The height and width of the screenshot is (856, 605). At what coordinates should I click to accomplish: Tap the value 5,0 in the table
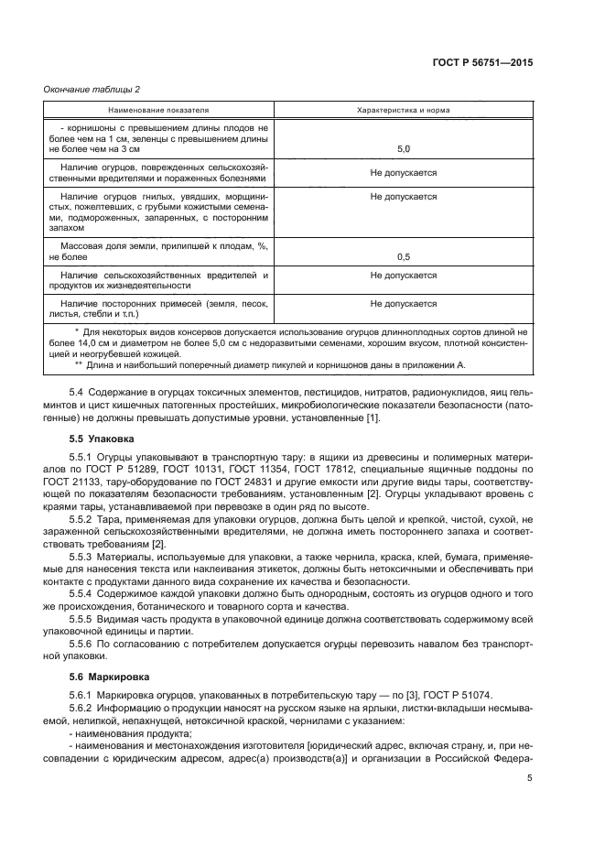click(x=403, y=148)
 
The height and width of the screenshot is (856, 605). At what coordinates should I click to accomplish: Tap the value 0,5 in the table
click(x=403, y=257)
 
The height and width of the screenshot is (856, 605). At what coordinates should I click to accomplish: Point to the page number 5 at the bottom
click(x=530, y=778)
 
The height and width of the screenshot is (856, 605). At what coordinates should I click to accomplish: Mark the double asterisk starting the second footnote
click(x=79, y=365)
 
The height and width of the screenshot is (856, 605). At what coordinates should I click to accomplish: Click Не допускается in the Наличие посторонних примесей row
click(x=403, y=303)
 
